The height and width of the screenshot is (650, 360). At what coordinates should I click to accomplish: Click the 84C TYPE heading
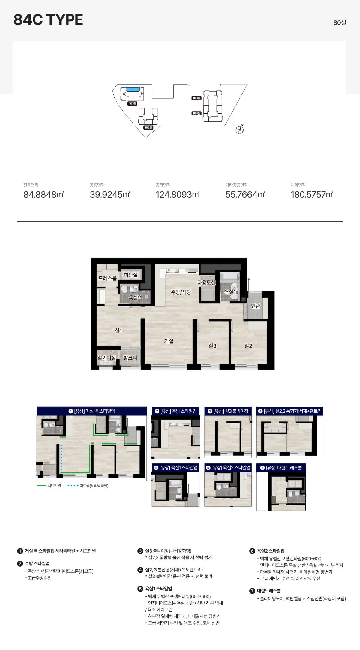48,20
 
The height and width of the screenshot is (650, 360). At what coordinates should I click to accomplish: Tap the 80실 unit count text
340,23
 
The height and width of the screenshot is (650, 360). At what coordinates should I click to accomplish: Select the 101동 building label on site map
132,103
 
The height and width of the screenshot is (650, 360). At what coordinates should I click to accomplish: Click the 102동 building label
148,127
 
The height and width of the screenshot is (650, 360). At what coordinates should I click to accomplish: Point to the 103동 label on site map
196,98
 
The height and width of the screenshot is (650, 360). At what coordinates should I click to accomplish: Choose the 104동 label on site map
196,113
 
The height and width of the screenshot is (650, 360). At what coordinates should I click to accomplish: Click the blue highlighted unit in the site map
133,89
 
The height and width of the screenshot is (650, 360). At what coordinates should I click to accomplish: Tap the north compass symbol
240,129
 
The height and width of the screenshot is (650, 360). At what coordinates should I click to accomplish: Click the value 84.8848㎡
44,195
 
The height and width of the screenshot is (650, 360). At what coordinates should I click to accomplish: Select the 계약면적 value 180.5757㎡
312,195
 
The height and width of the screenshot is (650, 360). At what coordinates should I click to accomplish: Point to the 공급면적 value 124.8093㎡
178,195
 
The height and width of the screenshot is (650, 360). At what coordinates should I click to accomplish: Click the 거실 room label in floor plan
169,341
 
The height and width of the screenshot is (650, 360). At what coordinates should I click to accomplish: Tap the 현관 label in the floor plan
256,306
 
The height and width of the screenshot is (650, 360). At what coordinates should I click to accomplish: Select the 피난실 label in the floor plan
131,275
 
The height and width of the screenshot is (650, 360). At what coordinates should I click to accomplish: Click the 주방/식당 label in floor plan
181,292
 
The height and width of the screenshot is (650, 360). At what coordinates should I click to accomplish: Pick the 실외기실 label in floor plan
106,358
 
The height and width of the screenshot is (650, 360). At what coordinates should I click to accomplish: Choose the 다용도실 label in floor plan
206,283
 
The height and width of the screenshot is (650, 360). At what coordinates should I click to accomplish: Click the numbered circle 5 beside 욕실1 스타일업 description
140,589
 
